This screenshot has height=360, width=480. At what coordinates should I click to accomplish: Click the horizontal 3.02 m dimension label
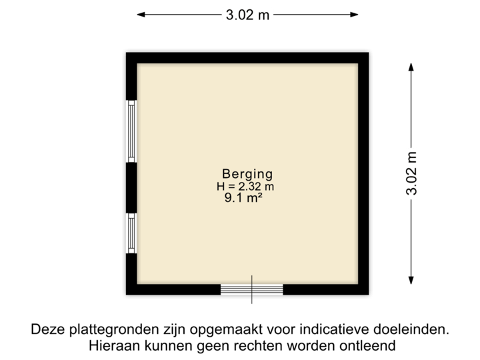pos(248,15)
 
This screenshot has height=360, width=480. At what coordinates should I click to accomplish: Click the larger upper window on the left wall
pos(132,131)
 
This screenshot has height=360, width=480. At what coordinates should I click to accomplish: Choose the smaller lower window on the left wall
pos(132,233)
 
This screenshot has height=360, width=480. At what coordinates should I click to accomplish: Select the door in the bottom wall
pos(252,289)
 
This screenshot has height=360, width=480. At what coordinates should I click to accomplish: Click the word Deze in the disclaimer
pos(46,329)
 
